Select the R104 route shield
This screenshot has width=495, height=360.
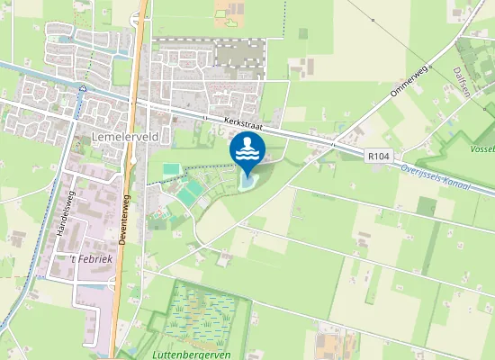379,156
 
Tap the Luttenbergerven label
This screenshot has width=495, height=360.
199,355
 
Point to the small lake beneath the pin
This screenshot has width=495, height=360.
247,182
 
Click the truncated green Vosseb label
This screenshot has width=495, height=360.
482,149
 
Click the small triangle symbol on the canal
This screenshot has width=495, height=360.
82,88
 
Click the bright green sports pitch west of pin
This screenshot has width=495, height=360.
171,168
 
